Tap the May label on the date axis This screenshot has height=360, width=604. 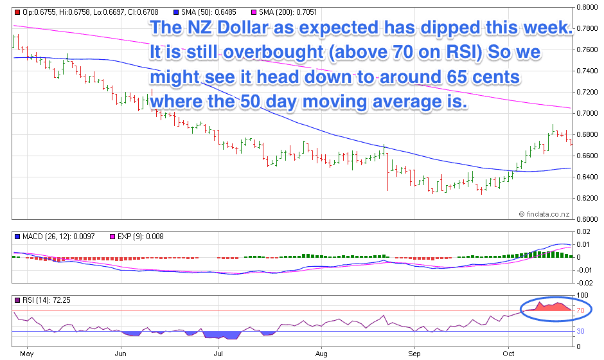(26, 354)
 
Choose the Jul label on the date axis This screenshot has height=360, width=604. (218, 354)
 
